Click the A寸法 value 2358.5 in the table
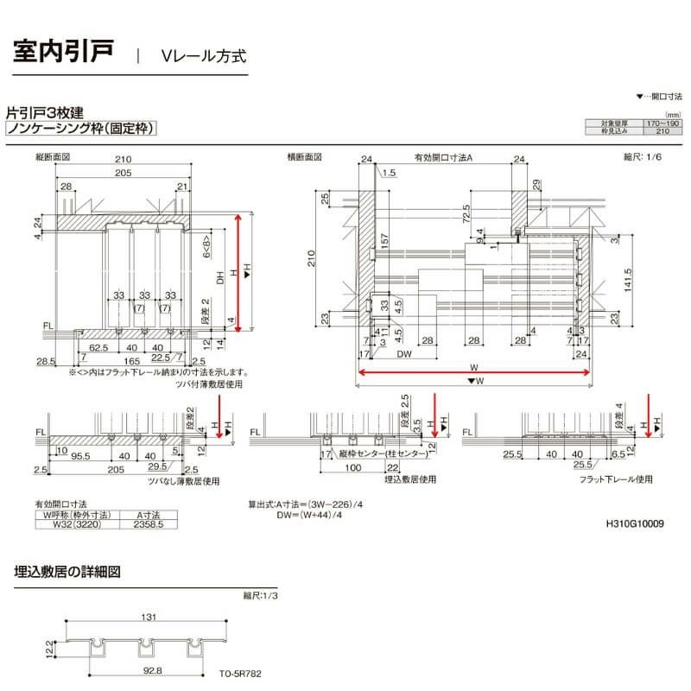(x=149, y=523)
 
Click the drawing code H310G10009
(x=634, y=523)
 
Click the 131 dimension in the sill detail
(x=148, y=617)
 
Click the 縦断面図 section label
(x=52, y=158)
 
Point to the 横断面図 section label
(x=304, y=158)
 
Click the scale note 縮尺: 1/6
(x=641, y=157)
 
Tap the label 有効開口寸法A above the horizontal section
(x=443, y=159)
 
